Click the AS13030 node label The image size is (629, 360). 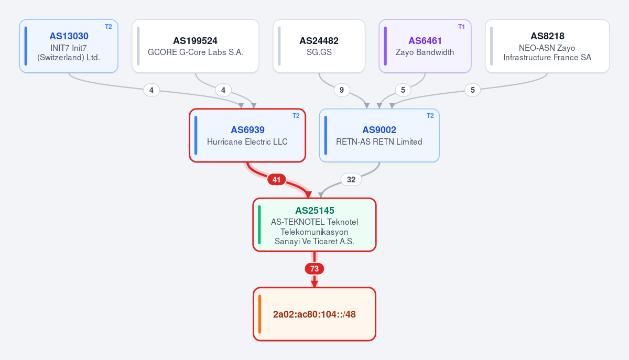pos(69,36)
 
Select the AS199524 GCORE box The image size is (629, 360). pos(196,46)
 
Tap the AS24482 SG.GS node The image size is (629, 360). pos(319,46)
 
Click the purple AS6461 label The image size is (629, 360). pos(425,41)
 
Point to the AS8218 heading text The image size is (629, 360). pos(547,36)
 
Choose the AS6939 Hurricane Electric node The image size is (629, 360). pos(247,135)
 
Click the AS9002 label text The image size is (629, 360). pos(379,130)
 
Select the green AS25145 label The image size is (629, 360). pos(314,210)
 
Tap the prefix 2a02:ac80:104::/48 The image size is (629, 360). pos(314,314)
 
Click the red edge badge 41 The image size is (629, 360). pos(277,179)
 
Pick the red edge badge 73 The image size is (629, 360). pos(314,269)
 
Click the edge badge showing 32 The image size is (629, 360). pos(351,179)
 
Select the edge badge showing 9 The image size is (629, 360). pos(341,90)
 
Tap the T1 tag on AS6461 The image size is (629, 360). pos(461,27)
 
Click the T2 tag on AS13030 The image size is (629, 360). pos(109,27)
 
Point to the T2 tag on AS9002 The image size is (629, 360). pos(430,116)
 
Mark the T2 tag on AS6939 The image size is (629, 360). pos(296,116)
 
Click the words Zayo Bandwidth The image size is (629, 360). pos(425,52)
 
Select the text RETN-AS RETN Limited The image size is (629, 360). pos(379,142)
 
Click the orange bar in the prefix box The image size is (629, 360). pos(260,314)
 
